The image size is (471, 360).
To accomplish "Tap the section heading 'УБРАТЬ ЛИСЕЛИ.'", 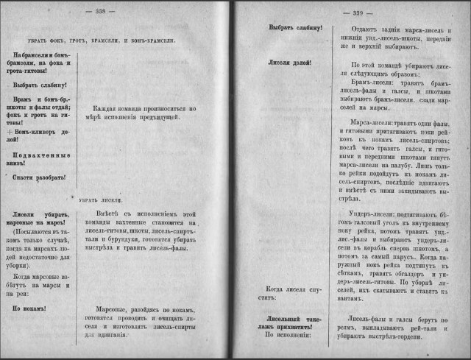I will coord(99,200).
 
